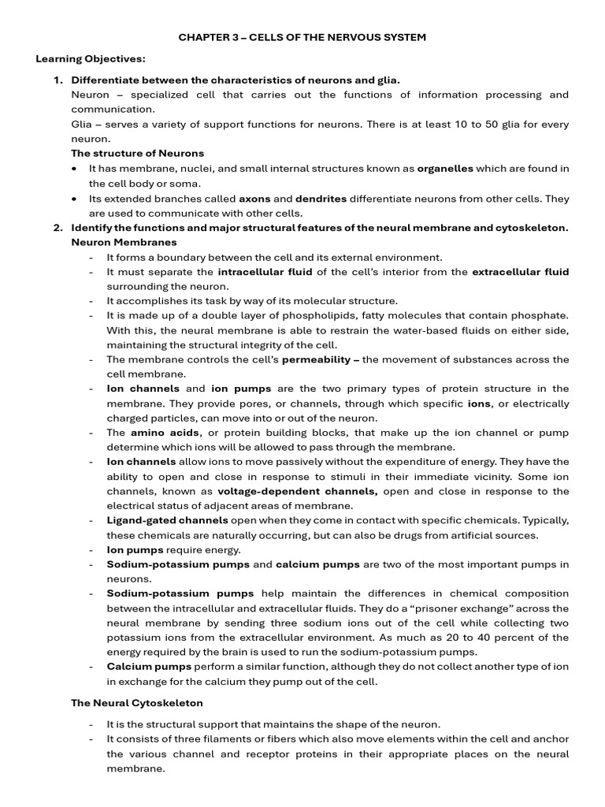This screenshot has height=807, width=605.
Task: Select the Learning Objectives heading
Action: coord(91,59)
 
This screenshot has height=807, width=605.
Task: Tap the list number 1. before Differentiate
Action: coord(58,80)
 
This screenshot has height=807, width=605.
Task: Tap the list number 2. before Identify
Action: coord(58,228)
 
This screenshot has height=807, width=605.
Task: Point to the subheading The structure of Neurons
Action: coord(137,154)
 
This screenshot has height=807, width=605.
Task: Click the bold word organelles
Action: coord(445,169)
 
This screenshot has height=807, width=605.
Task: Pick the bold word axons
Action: coord(254,199)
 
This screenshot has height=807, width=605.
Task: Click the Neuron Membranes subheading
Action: coord(124,243)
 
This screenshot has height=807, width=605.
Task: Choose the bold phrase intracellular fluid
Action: coord(265,272)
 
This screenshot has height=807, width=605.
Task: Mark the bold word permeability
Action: coord(315,359)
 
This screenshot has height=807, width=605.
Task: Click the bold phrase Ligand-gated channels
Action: coord(167,521)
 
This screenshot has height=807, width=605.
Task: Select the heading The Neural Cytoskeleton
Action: coord(137,702)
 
